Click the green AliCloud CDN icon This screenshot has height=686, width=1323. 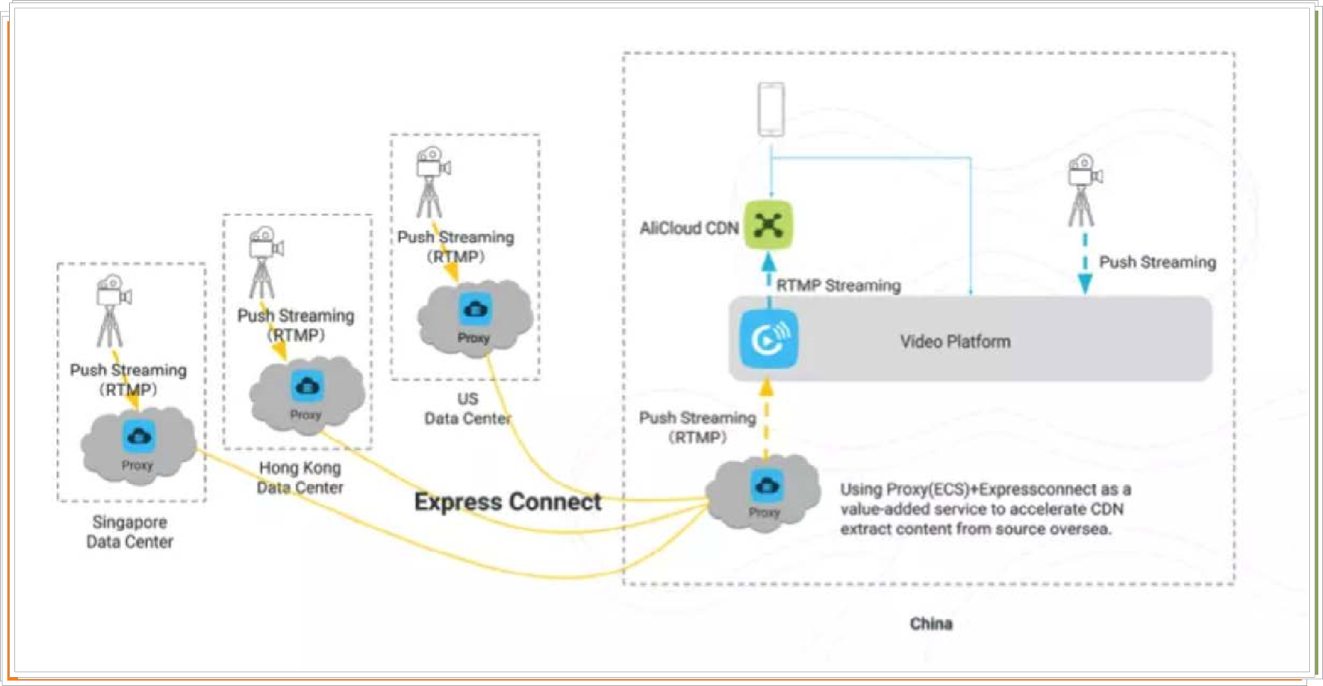point(768,224)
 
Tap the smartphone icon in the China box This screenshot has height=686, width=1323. point(771,109)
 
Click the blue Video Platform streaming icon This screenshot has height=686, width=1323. point(769,338)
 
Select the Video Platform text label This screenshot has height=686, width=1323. point(955,341)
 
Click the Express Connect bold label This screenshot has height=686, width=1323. point(508,501)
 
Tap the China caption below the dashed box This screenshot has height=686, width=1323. point(931,623)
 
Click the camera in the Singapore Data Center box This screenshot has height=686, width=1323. point(112,310)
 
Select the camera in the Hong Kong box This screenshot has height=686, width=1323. point(264,261)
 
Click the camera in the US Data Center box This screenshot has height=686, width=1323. point(431,181)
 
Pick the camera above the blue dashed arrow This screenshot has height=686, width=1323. point(1082,189)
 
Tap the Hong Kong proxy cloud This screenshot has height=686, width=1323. point(307,395)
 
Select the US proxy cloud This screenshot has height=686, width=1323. point(475,318)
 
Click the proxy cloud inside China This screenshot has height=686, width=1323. point(764,493)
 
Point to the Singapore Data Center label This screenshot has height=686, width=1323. point(130,532)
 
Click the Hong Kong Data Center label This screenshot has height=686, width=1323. point(299,477)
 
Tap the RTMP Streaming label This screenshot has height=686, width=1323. point(838,285)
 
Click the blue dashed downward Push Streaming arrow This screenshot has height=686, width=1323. point(1085,265)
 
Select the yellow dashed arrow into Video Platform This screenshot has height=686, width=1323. point(767,418)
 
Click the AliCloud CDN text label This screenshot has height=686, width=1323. point(689,228)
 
